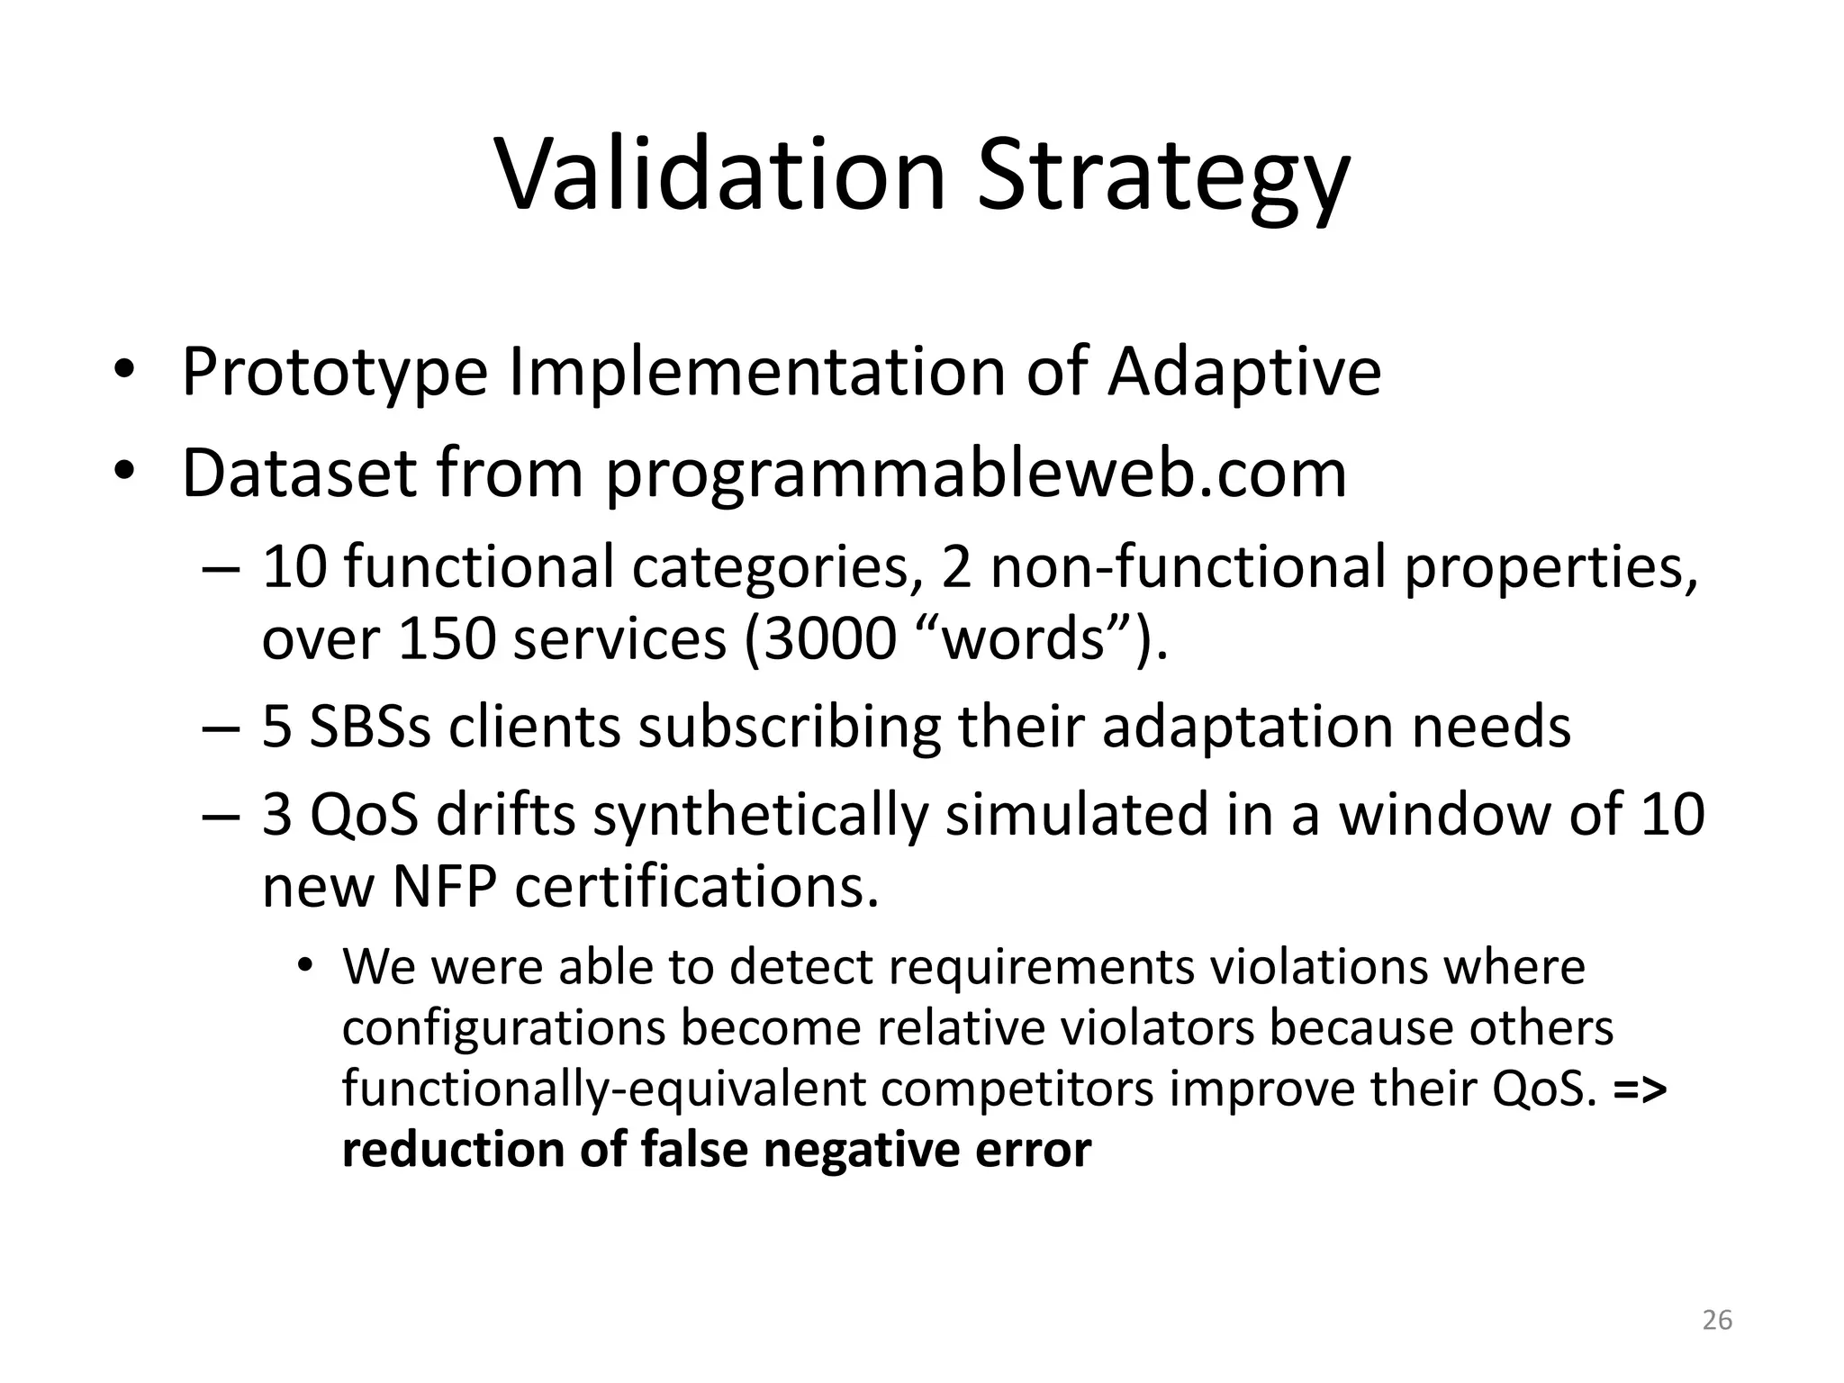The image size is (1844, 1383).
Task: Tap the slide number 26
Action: tap(1717, 1320)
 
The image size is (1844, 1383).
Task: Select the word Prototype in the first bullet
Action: tap(334, 374)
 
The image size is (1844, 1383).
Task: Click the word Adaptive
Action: tap(1243, 374)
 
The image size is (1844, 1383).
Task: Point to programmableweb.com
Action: tap(975, 475)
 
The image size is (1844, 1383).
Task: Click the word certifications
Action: tap(696, 888)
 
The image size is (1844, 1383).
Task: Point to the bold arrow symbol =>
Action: tap(1641, 1089)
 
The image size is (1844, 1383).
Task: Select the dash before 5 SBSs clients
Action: tap(221, 728)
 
